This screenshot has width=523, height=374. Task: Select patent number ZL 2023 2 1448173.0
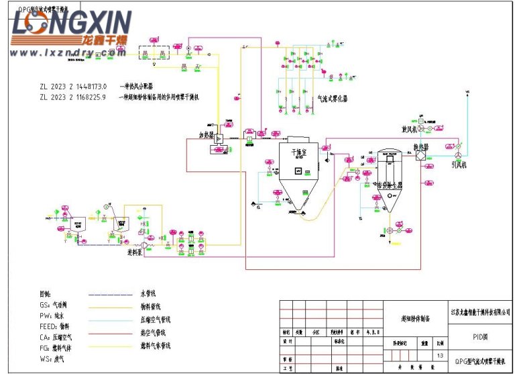[x=73, y=87]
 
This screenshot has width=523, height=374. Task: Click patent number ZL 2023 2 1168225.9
[x=73, y=97]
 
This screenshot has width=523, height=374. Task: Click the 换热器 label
[x=420, y=146]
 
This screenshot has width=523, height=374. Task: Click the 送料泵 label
[x=138, y=253]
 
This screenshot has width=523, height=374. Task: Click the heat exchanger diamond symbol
[x=420, y=155]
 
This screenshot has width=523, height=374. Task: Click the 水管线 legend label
[x=148, y=293]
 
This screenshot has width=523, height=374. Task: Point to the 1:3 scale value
[x=440, y=355]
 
